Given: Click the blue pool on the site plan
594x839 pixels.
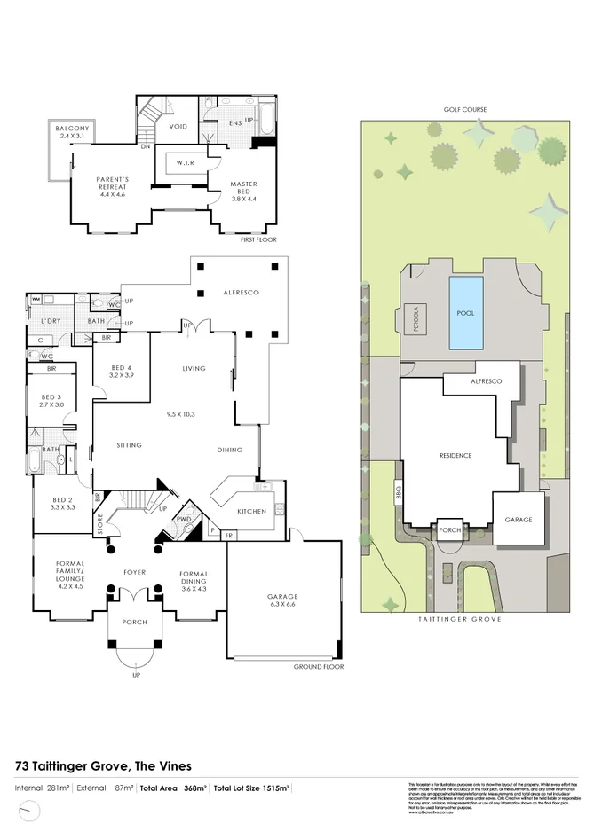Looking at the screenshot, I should [466, 312].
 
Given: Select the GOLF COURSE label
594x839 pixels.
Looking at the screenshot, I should [465, 110].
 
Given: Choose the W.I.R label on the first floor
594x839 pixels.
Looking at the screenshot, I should [186, 162].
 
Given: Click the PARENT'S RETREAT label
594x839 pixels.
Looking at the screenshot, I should [114, 184].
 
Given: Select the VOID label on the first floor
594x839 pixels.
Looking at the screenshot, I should [178, 127].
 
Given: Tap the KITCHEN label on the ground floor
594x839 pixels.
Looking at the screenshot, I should [251, 512].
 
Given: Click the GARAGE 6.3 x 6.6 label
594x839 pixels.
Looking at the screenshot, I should [284, 600].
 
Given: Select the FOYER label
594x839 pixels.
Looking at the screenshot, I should [134, 572].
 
